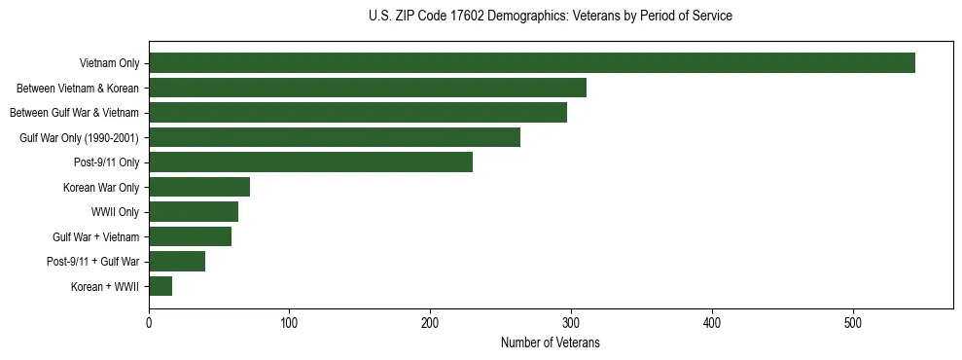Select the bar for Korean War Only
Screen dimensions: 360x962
[199, 187]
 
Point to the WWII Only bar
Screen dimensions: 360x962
[194, 212]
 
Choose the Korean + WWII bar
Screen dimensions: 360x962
[160, 286]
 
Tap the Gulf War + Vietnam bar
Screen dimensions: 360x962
[190, 236]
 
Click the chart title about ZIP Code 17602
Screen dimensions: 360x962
[551, 16]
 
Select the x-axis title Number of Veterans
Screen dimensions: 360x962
[551, 343]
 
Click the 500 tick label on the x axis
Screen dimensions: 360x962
[853, 323]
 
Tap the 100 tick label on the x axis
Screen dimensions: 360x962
[290, 323]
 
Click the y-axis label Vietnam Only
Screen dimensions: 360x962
[109, 64]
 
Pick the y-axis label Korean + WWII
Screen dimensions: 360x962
[105, 287]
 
